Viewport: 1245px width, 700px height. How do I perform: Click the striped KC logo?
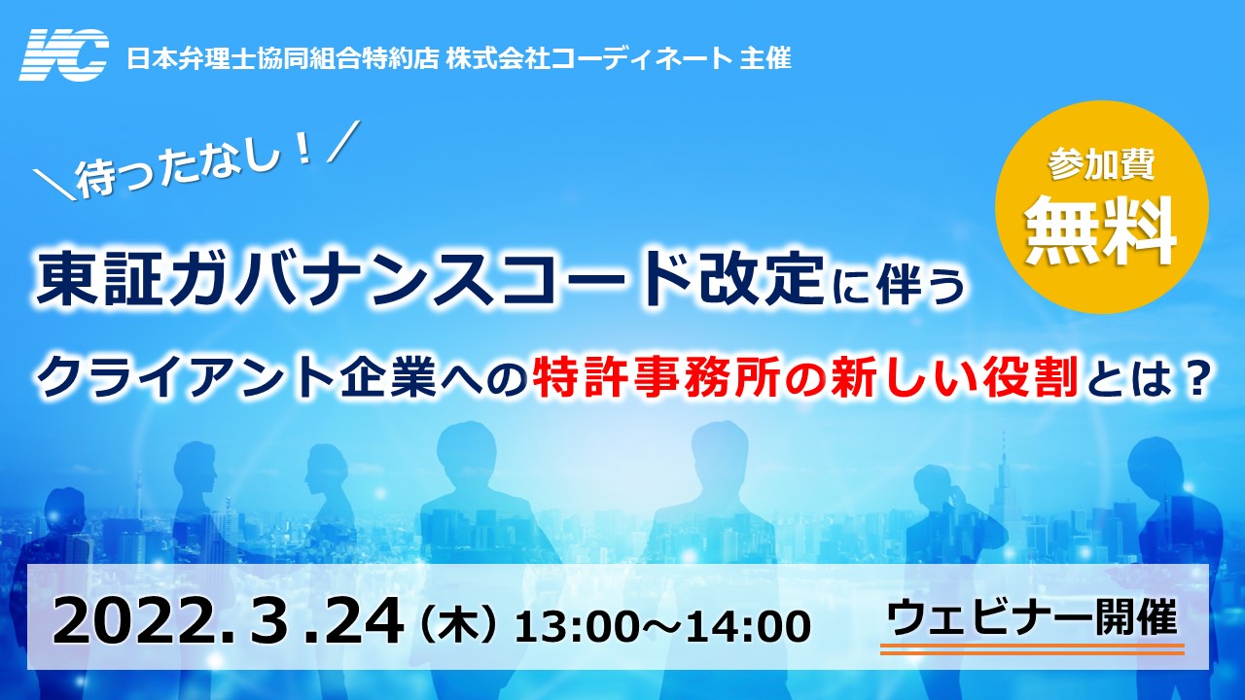[64, 55]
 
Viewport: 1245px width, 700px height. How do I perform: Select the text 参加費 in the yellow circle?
[1101, 164]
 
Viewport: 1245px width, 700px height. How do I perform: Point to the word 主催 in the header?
[765, 57]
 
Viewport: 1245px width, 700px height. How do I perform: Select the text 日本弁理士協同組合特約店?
[283, 57]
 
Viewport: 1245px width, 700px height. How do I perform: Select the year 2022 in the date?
[137, 622]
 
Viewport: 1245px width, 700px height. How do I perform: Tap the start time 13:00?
[579, 627]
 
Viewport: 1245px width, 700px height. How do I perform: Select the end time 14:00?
[748, 627]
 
